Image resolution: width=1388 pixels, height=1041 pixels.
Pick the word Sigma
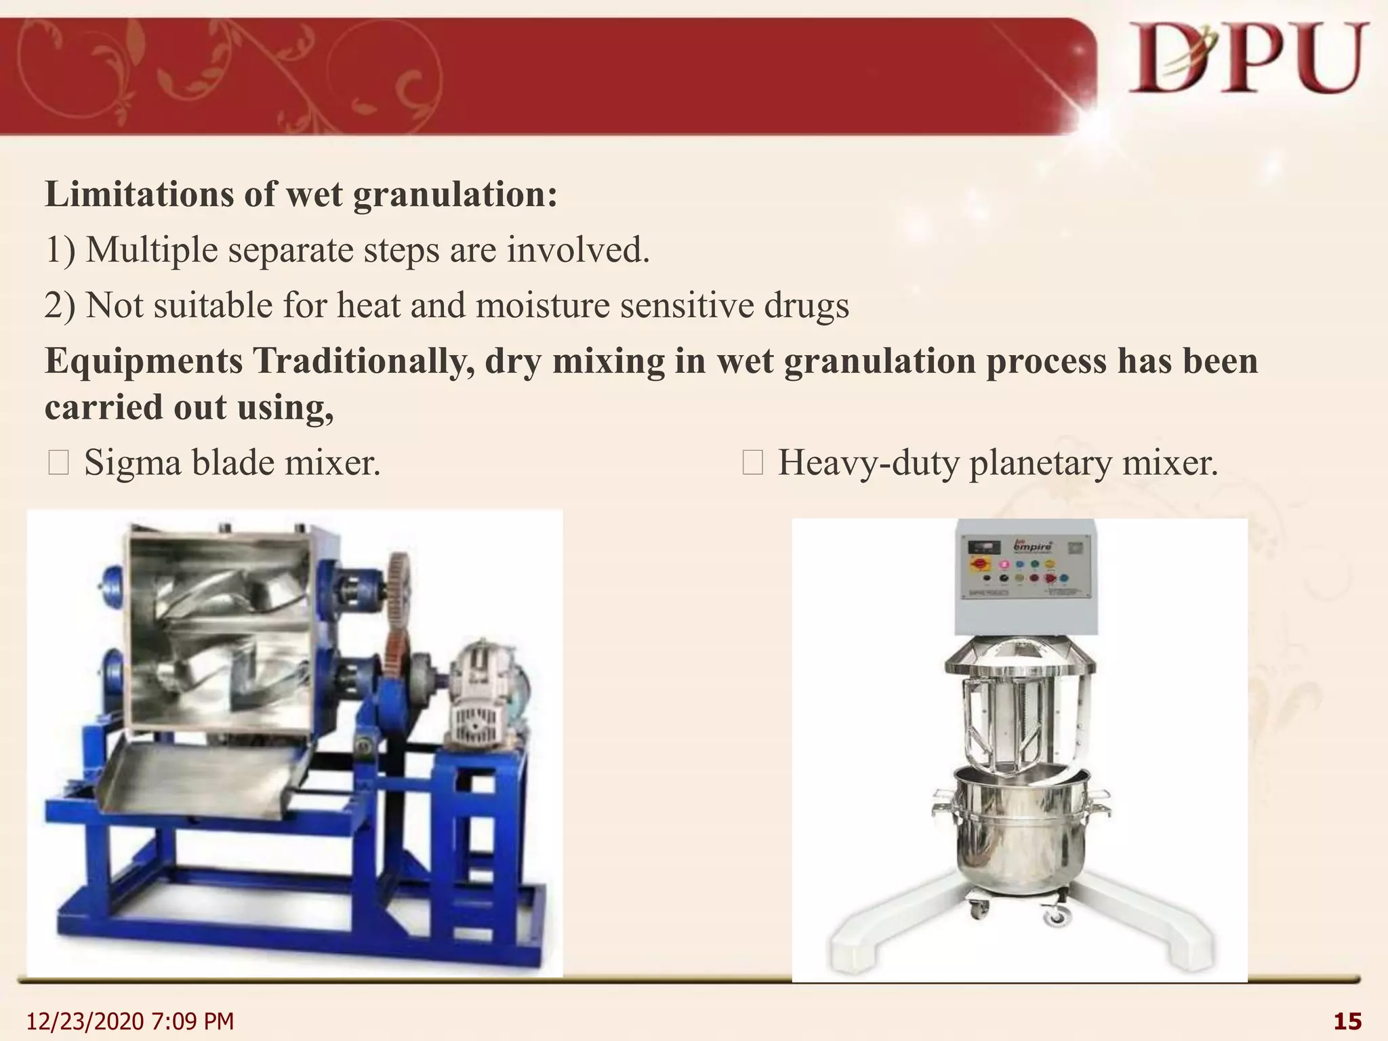pyautogui.click(x=132, y=464)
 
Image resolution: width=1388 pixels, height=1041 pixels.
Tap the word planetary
pyautogui.click(x=1040, y=464)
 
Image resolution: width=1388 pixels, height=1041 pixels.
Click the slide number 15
pyautogui.click(x=1347, y=1021)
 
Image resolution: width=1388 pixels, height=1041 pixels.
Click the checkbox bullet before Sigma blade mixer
pyautogui.click(x=58, y=464)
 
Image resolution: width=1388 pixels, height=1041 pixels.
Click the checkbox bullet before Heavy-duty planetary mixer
pyautogui.click(x=752, y=464)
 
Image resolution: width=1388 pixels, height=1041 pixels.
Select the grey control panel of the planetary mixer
pyautogui.click(x=1025, y=576)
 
